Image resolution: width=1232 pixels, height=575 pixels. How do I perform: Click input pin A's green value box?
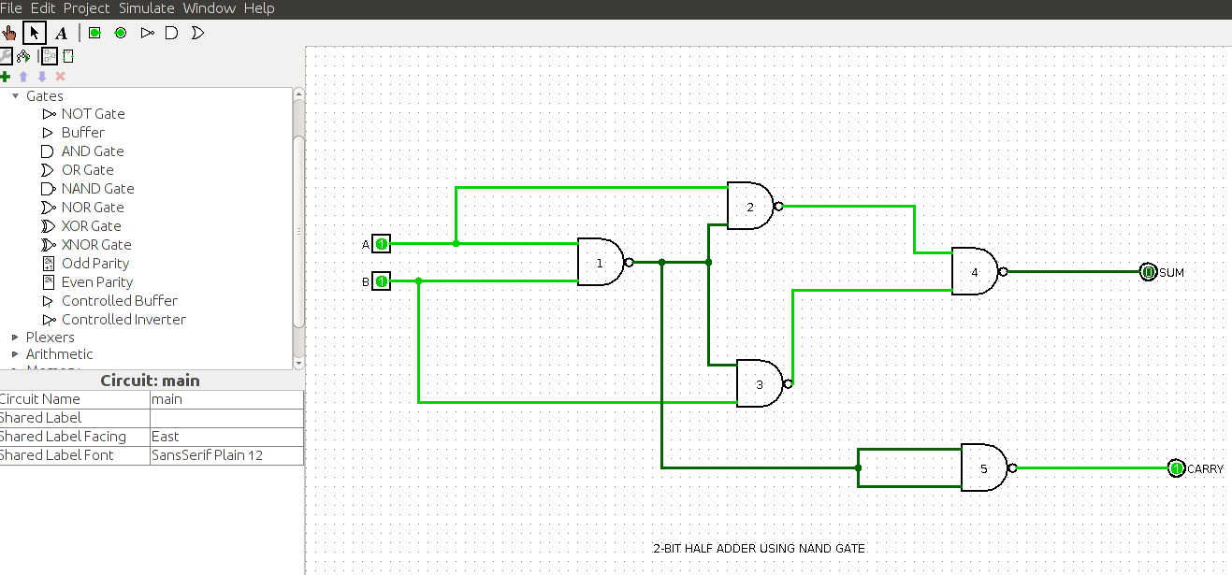[x=381, y=243]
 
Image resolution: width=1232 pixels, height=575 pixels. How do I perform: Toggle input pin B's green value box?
[x=381, y=281]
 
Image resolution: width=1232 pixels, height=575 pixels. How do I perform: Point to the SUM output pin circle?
[x=1148, y=271]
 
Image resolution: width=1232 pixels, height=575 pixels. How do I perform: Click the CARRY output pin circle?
[x=1176, y=468]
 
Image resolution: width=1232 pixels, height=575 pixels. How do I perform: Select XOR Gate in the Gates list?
[x=91, y=226]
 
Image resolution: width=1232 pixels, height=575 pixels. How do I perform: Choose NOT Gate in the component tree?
[x=93, y=114]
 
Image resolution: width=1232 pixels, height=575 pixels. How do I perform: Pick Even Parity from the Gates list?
[x=96, y=282]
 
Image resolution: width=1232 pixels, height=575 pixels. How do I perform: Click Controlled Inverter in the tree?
[x=123, y=320]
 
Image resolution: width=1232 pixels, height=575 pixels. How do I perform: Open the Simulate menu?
[x=146, y=8]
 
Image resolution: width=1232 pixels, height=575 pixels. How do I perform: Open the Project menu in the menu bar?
[x=86, y=8]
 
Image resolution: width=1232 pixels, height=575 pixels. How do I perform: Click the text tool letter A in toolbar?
[x=62, y=34]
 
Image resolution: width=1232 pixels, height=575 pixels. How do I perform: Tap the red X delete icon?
[x=61, y=77]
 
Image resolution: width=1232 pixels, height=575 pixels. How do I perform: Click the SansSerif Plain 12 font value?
[x=207, y=455]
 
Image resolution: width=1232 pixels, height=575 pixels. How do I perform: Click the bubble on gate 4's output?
[x=1003, y=271]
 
